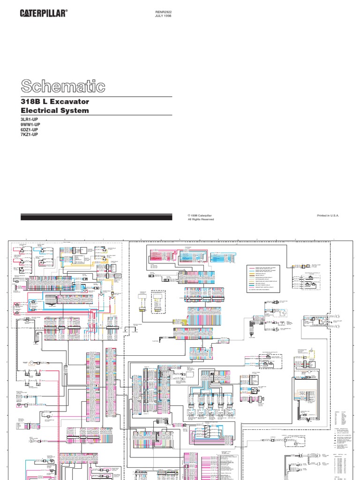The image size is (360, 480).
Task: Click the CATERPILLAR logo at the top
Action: point(46,15)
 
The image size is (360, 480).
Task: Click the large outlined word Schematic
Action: point(62,86)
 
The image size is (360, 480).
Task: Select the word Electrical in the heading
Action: point(37,111)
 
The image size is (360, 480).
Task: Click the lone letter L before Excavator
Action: point(47,102)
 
